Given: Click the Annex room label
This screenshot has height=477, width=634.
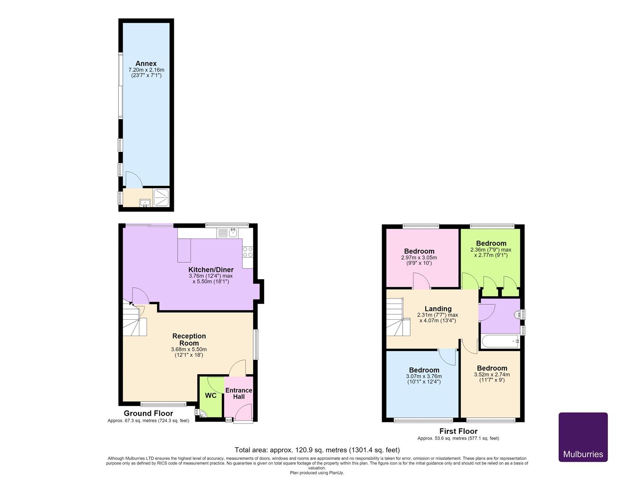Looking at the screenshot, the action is (x=146, y=63).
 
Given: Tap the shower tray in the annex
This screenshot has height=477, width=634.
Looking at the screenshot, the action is (x=161, y=198).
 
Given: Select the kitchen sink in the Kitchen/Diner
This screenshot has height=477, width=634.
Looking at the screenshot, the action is (x=227, y=233).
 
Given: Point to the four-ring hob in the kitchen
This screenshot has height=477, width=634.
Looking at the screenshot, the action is (x=248, y=252).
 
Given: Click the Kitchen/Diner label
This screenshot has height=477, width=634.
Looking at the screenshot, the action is (x=211, y=270).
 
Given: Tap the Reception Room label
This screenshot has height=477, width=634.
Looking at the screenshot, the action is (x=189, y=339).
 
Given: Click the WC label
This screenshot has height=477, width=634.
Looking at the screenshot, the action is (x=210, y=395).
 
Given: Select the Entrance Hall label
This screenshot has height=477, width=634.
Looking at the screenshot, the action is (x=239, y=394).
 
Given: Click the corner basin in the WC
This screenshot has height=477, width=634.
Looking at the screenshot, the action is (x=203, y=414).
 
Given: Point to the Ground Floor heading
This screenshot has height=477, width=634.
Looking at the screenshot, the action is (x=149, y=413).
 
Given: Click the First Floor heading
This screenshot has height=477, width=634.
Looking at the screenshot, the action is (x=458, y=431).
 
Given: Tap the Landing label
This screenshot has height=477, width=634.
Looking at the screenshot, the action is (x=438, y=309).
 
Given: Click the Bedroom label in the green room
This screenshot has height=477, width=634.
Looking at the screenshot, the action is (x=491, y=243).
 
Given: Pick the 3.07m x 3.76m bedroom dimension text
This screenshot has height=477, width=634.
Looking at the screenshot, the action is (x=424, y=376).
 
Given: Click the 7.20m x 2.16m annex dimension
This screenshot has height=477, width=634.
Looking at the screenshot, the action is (x=146, y=70).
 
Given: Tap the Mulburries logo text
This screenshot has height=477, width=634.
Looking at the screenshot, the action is (x=583, y=454).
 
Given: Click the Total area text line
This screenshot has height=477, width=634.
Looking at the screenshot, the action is (x=317, y=450).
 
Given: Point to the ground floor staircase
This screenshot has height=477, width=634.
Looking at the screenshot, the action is (x=135, y=318).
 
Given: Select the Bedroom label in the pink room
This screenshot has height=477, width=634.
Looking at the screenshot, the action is (x=419, y=251).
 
